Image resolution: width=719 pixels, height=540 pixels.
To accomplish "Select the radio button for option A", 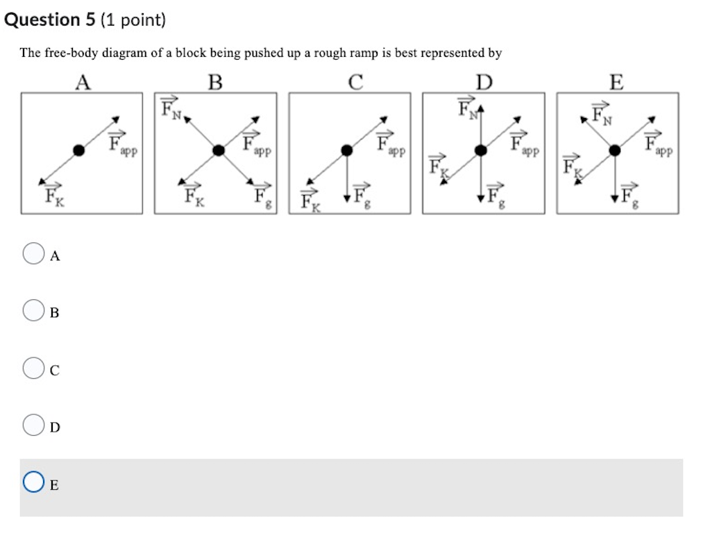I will click(33, 254).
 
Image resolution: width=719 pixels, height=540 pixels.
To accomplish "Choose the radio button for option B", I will click(33, 311).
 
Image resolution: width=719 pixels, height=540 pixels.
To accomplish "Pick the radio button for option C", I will click(33, 369).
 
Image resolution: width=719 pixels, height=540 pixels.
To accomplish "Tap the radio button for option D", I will click(33, 425).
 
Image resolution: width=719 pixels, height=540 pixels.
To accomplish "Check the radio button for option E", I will click(33, 483).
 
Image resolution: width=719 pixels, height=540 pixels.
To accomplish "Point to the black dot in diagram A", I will click(80, 150).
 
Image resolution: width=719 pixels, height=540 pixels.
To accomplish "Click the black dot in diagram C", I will click(347, 150).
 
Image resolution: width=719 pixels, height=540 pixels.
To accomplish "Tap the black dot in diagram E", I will click(614, 150).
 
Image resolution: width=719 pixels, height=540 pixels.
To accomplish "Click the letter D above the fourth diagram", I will click(484, 83).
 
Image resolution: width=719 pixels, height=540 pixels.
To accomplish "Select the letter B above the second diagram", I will click(216, 83).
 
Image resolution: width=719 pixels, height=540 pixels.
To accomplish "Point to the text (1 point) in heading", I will click(133, 20).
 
